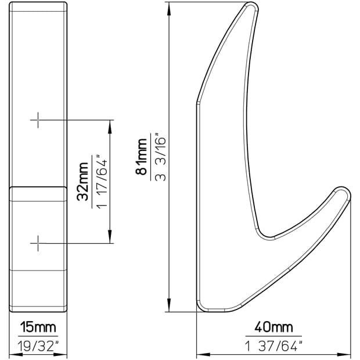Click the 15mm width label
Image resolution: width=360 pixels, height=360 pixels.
(x=38, y=327)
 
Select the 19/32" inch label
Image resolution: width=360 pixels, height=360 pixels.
(x=38, y=345)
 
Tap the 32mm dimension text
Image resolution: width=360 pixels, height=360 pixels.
(x=82, y=182)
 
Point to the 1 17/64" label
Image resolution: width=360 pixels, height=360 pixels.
(x=102, y=182)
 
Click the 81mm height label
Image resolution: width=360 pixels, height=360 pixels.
(x=141, y=157)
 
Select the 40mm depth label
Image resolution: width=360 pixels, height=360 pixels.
(x=273, y=327)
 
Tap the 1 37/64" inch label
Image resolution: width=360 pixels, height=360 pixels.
(x=273, y=345)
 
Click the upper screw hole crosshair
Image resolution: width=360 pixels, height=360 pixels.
(x=38, y=120)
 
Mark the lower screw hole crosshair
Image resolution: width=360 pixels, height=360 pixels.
(x=38, y=243)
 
